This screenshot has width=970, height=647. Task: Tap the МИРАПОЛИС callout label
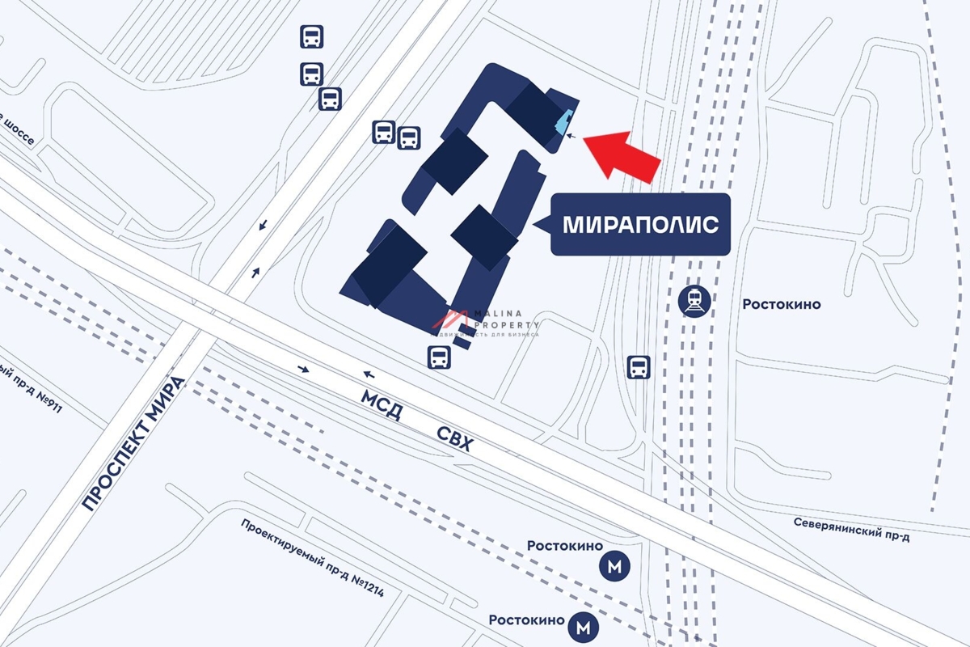[x=640, y=225]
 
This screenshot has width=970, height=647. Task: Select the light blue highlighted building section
[x=563, y=122]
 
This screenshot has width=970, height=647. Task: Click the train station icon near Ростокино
[x=694, y=300]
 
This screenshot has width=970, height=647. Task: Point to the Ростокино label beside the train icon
[x=781, y=304]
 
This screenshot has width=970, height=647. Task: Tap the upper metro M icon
[x=614, y=568]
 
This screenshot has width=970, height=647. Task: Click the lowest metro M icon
[x=582, y=625]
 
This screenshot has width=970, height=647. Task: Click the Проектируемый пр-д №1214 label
[x=311, y=558]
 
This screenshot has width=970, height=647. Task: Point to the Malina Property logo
[x=485, y=323]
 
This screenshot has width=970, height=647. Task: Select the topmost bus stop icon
[x=312, y=37]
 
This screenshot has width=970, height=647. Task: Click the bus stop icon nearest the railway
[x=639, y=368]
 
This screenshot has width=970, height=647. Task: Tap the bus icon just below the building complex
[x=438, y=357]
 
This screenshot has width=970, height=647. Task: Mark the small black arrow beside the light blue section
[x=572, y=137]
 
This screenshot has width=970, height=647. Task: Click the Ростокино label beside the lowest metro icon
[x=525, y=620]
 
